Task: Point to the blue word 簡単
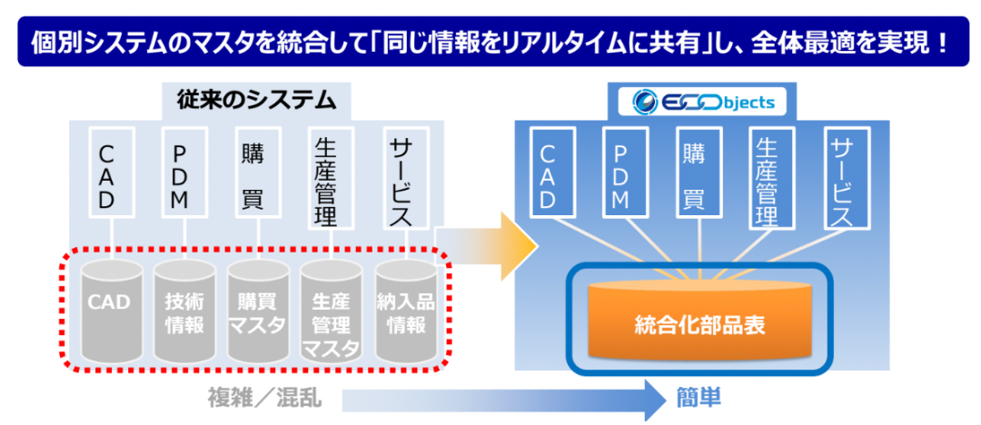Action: click(x=699, y=397)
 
